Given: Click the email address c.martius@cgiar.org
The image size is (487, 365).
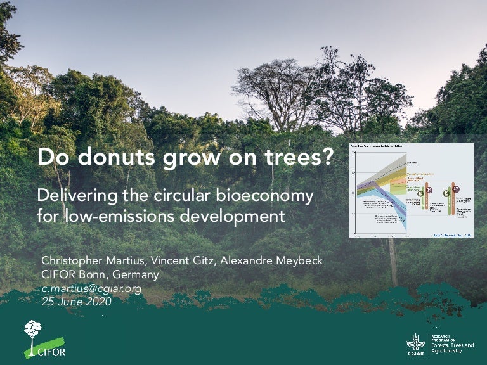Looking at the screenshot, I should click(91, 289).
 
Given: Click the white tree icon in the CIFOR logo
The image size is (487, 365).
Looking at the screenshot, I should click(33, 333).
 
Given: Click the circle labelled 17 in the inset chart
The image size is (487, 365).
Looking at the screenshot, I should click(455, 189).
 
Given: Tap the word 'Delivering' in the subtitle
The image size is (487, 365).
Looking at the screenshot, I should click(72, 196).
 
